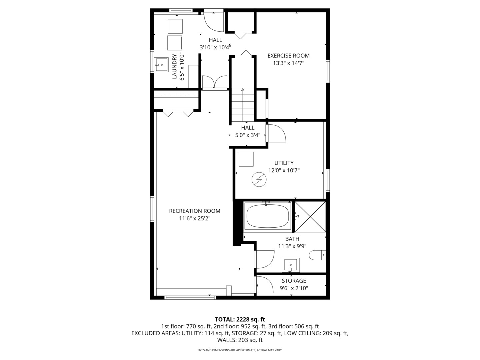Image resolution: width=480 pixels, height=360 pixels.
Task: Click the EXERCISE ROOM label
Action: pyautogui.click(x=288, y=56)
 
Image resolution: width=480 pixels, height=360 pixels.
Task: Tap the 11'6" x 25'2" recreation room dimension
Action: pyautogui.click(x=195, y=218)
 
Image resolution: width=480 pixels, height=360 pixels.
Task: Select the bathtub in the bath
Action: pyautogui.click(x=267, y=216)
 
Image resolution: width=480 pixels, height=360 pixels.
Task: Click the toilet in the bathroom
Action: pyautogui.click(x=317, y=256)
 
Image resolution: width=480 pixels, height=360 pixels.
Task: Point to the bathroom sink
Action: pyautogui.click(x=291, y=265)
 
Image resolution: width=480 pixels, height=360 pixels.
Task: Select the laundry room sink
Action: pyautogui.click(x=161, y=64)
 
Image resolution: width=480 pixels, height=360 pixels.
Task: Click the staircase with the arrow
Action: pyautogui.click(x=243, y=105)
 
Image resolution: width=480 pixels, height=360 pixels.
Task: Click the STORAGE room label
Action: pyautogui.click(x=294, y=281)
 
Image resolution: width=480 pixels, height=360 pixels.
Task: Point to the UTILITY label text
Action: pyautogui.click(x=284, y=163)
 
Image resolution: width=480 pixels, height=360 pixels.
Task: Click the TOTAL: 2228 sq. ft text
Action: pyautogui.click(x=240, y=319)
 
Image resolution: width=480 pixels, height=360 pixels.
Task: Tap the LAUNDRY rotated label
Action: pyautogui.click(x=174, y=67)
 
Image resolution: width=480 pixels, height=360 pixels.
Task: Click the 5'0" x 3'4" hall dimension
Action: pyautogui.click(x=248, y=135)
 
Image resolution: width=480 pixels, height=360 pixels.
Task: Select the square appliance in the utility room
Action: pyautogui.click(x=246, y=159)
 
